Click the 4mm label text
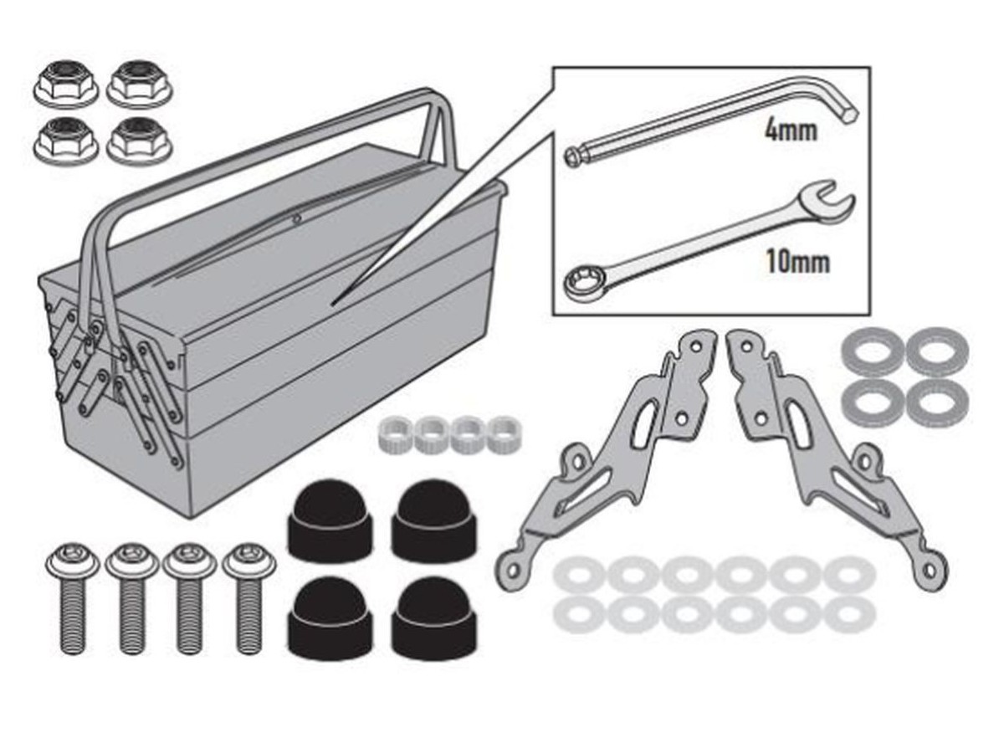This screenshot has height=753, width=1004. pos(791,131)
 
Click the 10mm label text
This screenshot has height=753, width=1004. pos(797,262)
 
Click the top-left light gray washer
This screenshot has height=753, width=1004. pos(579,574)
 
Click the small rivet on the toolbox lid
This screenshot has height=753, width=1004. pos(297,218)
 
